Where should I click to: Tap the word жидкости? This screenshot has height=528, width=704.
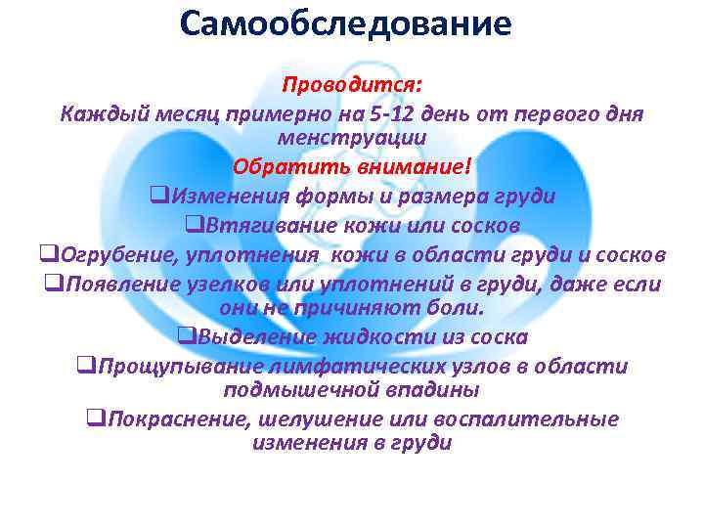tap(374, 338)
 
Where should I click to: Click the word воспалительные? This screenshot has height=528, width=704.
tap(529, 419)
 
